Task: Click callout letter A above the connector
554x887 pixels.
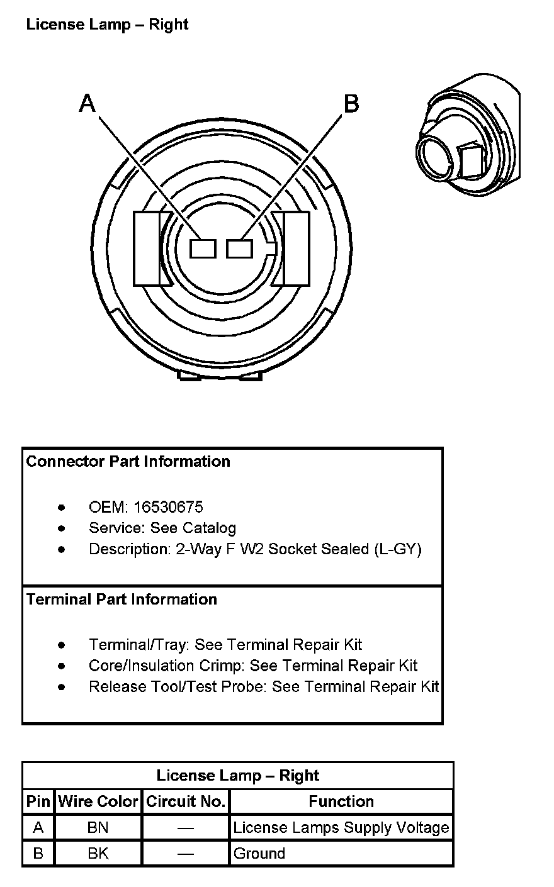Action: point(88,103)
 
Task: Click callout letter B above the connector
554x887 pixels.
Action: point(351,103)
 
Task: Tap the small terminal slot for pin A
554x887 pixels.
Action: point(203,249)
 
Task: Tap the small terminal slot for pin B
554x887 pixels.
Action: point(239,249)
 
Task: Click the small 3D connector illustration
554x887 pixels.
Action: point(468,135)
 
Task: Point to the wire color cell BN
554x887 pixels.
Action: point(98,828)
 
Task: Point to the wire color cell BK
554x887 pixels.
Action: point(98,854)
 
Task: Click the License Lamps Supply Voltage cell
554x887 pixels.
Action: point(341,828)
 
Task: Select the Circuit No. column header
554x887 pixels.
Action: point(186,801)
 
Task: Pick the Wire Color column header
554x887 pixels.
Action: point(98,801)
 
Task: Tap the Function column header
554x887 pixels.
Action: point(341,801)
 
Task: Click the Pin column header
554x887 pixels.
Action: point(38,801)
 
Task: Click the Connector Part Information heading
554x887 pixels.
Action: point(128,461)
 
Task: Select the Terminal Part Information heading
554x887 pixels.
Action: point(122,599)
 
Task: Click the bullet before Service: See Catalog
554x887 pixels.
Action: point(61,528)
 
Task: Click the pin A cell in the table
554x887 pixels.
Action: point(38,828)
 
